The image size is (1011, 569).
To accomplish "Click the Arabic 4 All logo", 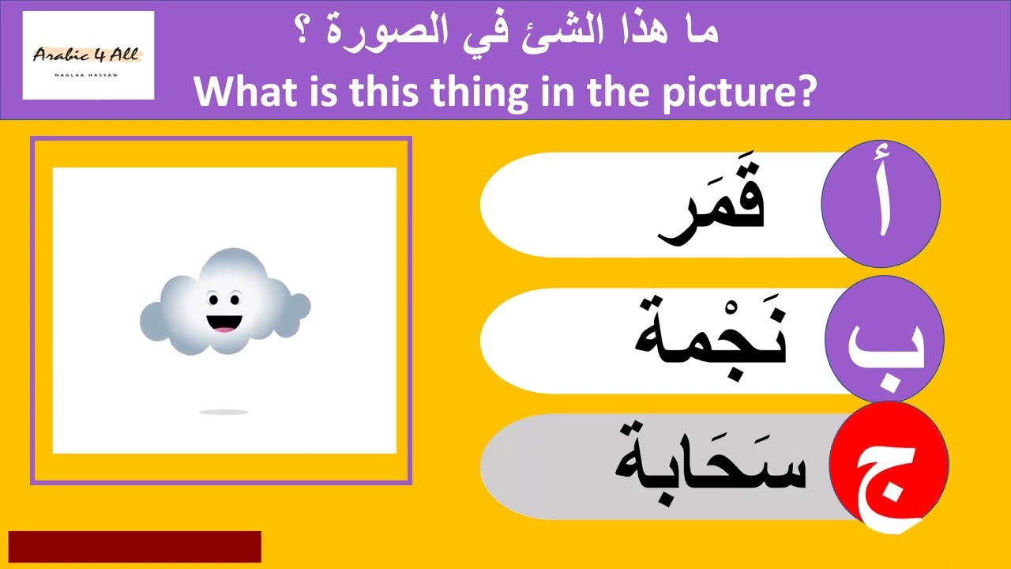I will coord(88,55).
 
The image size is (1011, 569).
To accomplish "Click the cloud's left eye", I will coord(212,300).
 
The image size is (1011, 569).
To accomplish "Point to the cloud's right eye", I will coord(235,300).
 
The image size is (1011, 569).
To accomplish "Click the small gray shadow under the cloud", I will coord(224,412).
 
